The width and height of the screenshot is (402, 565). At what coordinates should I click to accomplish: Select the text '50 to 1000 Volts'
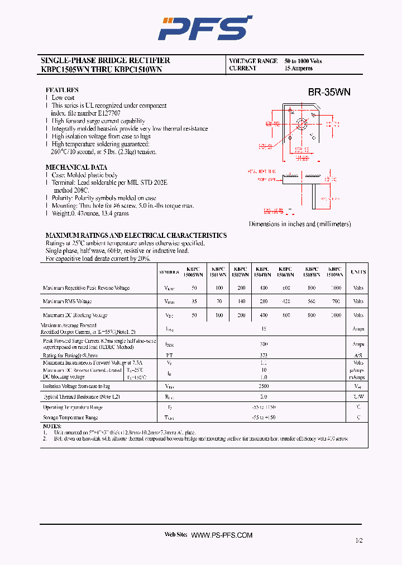(303, 61)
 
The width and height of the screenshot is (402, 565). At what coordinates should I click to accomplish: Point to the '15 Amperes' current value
(299, 68)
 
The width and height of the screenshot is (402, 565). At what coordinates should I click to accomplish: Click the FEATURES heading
(62, 90)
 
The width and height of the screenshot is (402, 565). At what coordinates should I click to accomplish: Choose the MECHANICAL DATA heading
(76, 167)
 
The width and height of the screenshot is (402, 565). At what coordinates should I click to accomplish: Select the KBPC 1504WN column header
(263, 271)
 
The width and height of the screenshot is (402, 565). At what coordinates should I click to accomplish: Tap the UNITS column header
(358, 272)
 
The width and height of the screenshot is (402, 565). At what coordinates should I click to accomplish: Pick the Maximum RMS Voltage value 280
(263, 301)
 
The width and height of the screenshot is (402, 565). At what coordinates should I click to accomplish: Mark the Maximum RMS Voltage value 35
(194, 301)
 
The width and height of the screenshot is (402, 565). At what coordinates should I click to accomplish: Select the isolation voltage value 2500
(263, 386)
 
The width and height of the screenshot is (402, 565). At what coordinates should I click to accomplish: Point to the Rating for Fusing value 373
(263, 355)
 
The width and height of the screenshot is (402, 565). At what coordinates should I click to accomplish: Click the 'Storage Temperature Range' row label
(70, 417)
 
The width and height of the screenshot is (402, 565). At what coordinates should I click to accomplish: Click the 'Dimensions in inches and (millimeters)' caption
(300, 224)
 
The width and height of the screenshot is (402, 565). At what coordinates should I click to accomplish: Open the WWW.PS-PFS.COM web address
(222, 535)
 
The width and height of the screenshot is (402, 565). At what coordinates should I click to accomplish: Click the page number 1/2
(358, 540)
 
